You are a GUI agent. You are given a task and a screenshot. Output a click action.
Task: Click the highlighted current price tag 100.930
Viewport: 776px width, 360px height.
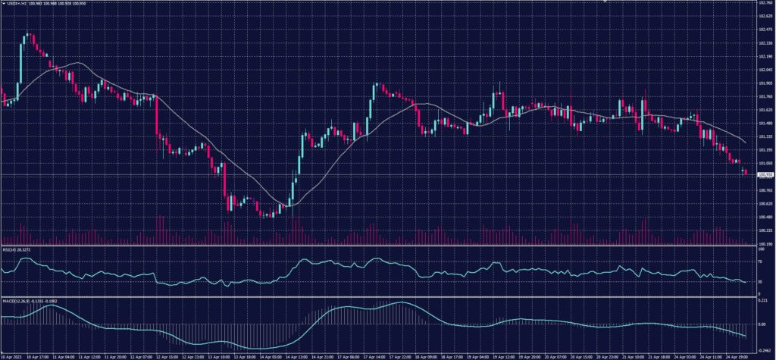click(x=764, y=175)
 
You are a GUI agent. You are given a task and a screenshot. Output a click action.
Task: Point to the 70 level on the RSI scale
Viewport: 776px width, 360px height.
click(x=759, y=261)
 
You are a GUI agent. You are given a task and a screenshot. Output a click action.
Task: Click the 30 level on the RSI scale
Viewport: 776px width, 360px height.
click(x=759, y=282)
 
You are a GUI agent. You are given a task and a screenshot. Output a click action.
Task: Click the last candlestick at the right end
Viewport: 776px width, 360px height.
click(x=746, y=172)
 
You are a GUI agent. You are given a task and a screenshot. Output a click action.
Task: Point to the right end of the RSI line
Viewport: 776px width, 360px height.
click(x=746, y=282)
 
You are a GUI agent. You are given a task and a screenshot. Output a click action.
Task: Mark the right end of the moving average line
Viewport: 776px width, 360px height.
click(x=746, y=143)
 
